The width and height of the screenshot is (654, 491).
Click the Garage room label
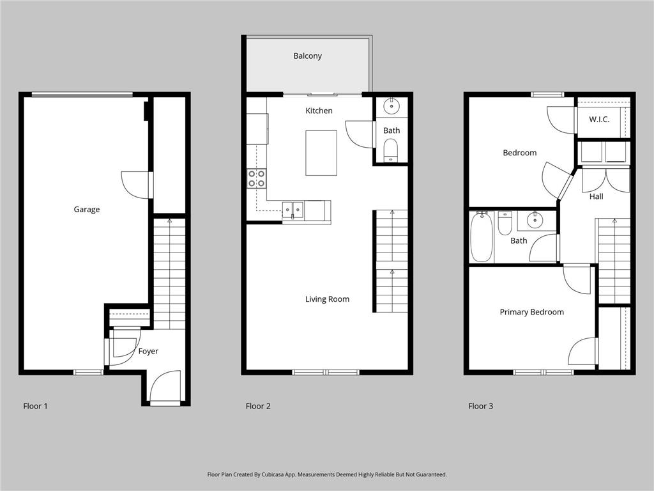click(x=86, y=209)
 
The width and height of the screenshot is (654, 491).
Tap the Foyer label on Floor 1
click(x=148, y=351)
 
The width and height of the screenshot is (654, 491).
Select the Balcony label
click(x=307, y=56)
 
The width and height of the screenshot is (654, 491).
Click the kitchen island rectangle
click(x=321, y=153)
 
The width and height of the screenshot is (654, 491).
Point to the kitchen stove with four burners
click(x=257, y=178)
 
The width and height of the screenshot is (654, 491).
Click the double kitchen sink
click(x=294, y=209)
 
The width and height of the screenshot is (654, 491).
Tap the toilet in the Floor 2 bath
click(x=391, y=150)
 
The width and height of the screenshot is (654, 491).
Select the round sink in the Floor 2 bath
click(x=391, y=106)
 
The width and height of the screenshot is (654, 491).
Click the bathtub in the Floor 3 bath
click(x=482, y=237)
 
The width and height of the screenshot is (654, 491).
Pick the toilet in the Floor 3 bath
click(x=505, y=222)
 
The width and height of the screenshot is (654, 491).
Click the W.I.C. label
click(x=599, y=120)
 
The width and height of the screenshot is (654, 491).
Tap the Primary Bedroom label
click(x=531, y=312)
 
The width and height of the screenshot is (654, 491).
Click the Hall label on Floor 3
click(x=596, y=196)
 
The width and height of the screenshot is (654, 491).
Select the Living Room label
click(x=327, y=299)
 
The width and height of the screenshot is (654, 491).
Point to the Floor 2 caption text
click(x=258, y=406)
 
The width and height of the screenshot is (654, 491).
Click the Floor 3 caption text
click(x=480, y=406)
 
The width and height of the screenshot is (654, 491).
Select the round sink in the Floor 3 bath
click(x=535, y=221)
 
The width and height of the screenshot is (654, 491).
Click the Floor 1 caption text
click(x=35, y=406)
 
